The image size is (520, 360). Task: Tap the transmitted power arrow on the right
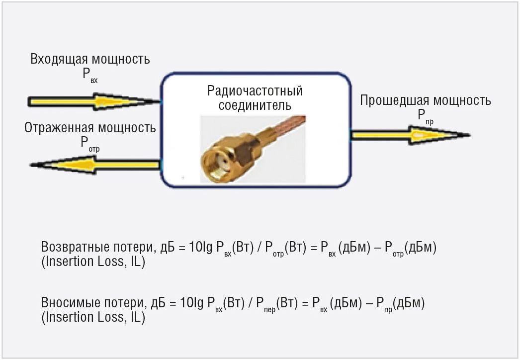pos(411,135)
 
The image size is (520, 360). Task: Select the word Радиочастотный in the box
pos(255,91)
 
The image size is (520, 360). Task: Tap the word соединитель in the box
pos(255,105)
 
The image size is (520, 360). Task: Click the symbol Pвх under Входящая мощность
pos(90,75)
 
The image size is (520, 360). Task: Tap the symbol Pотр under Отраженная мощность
pos(90,144)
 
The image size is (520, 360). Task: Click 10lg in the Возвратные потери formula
pos(201,247)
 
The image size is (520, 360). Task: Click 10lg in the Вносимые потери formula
pos(192,303)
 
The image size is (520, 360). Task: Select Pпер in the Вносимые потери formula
pos(265,305)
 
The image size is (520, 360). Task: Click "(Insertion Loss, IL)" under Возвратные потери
pos(93,262)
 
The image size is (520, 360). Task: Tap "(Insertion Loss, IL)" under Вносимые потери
pos(93,317)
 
